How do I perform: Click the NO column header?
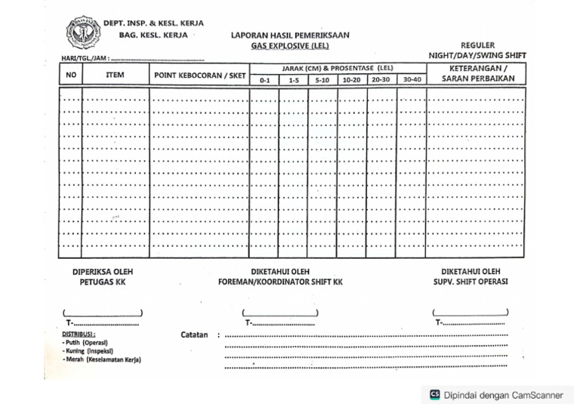pyautogui.click(x=71, y=76)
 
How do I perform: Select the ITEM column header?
pyautogui.click(x=116, y=76)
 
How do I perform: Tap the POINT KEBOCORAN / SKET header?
pyautogui.click(x=199, y=76)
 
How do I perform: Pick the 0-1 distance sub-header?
pyautogui.click(x=264, y=80)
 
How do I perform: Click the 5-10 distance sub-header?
pyautogui.click(x=322, y=80)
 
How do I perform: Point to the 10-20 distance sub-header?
pyautogui.click(x=352, y=80)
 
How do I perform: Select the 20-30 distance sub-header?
pyautogui.click(x=381, y=80)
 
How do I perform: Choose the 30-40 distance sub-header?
pyautogui.click(x=412, y=80)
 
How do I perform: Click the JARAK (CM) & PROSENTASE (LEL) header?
pyautogui.click(x=338, y=69)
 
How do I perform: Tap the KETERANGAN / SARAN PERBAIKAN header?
pyautogui.click(x=477, y=74)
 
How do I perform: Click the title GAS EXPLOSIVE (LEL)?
pyautogui.click(x=290, y=45)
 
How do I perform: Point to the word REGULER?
pyautogui.click(x=477, y=45)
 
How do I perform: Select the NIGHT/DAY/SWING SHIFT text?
pyautogui.click(x=477, y=56)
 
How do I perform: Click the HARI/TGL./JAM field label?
pyautogui.click(x=85, y=58)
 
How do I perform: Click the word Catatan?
pyautogui.click(x=194, y=335)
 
